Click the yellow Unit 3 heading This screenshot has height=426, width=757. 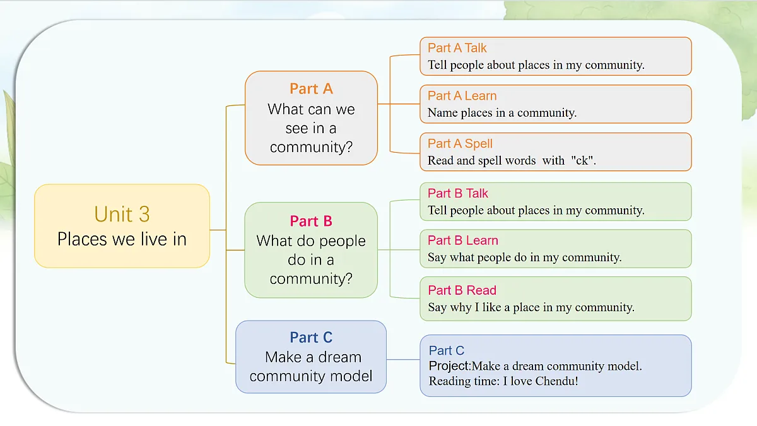[122, 214]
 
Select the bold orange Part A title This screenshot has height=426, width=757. [311, 89]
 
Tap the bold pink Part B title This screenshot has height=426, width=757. [311, 221]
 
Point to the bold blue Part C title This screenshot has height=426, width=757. [311, 338]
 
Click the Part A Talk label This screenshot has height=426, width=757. [457, 48]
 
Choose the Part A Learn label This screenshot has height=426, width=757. [462, 96]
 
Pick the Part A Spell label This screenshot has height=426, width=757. [460, 144]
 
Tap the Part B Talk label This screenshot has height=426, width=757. [457, 193]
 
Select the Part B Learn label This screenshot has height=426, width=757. [462, 240]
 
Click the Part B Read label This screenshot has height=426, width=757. [462, 290]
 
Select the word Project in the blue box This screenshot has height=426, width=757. [449, 366]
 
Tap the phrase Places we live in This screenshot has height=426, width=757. [122, 239]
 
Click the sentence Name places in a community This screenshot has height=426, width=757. [502, 112]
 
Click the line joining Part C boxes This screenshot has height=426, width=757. [403, 359]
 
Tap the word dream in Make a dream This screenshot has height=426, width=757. [340, 357]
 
